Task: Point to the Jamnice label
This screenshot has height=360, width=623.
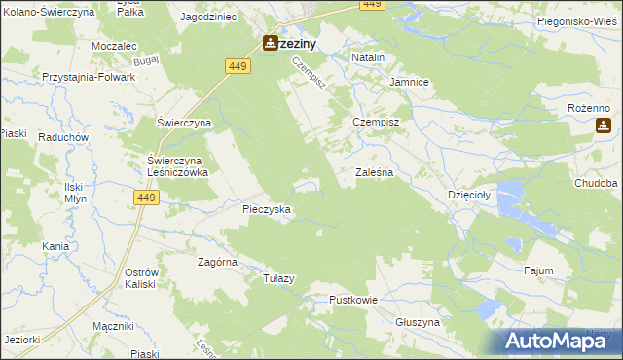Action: [410, 83]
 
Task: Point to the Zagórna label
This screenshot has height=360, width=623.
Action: [218, 262]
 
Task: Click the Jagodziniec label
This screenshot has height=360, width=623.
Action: [208, 18]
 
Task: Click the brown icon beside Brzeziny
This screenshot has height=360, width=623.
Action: [270, 43]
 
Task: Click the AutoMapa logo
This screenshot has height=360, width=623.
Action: [559, 340]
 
